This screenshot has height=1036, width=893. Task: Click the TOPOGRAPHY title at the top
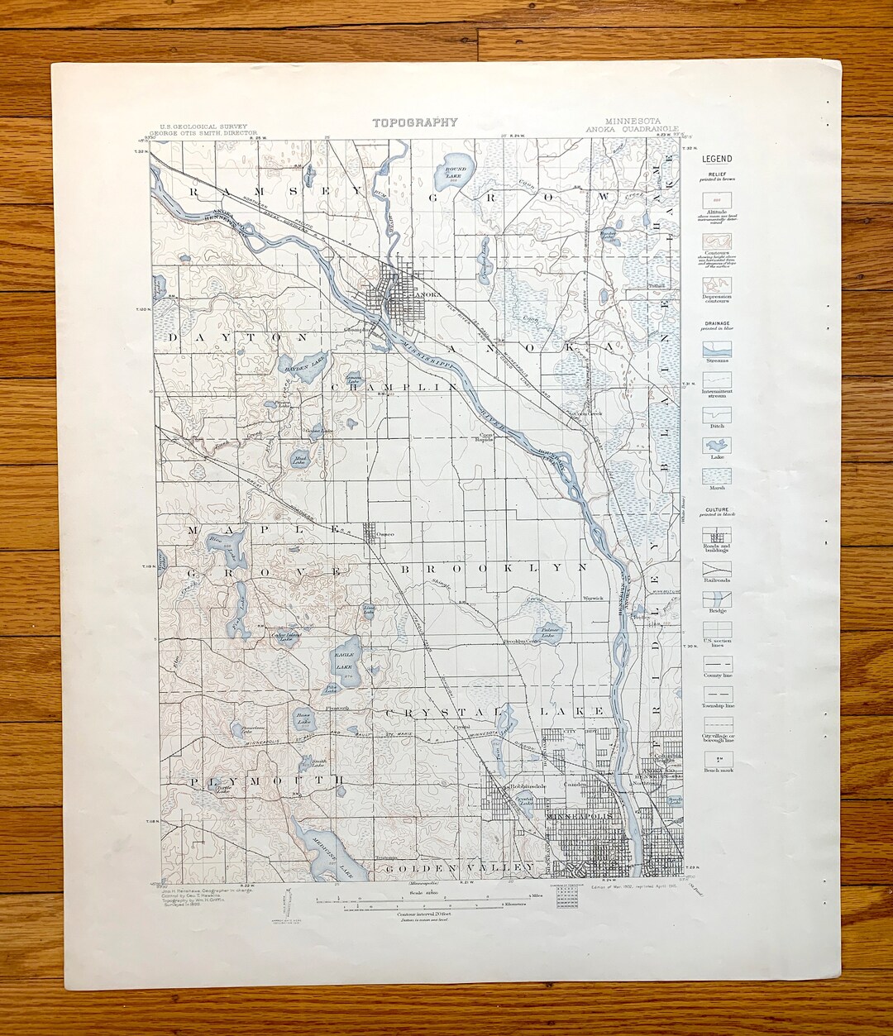(414, 122)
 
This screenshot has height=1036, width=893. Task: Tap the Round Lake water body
(456, 169)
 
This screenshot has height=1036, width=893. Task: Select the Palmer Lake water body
(548, 633)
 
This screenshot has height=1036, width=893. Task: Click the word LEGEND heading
(716, 159)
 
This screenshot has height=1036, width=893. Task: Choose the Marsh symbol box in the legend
(716, 475)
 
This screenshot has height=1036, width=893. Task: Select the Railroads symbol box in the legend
(716, 569)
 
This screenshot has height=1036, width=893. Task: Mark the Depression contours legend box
(716, 284)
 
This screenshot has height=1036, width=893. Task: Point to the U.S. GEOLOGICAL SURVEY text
(204, 126)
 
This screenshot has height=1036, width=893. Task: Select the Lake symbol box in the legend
(716, 444)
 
